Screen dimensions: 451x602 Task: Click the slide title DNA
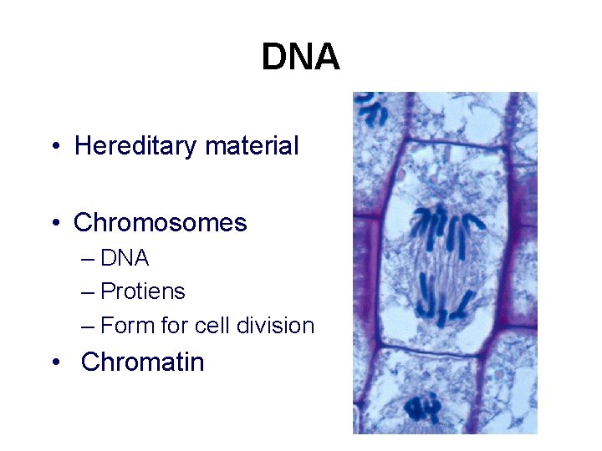300,58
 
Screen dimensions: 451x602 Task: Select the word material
252,146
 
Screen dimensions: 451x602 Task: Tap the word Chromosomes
161,223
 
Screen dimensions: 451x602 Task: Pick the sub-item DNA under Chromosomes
125,259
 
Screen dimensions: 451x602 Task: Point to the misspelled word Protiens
142,291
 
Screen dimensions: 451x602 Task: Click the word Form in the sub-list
127,325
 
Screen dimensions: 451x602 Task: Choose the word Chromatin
143,362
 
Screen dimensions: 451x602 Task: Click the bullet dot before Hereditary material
54,148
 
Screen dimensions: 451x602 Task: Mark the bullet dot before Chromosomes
54,225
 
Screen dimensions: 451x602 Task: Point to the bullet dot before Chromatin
54,363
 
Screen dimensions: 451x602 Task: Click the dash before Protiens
89,292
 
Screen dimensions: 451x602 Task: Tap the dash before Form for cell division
89,326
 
